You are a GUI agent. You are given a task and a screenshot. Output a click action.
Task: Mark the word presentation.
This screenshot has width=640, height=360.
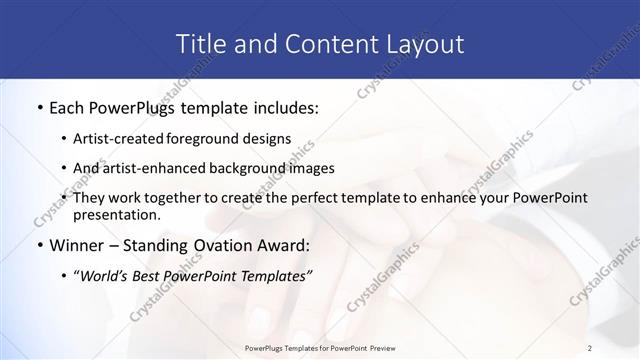coord(117,214)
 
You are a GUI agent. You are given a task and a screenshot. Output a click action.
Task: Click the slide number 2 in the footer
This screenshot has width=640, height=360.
coord(590,347)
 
